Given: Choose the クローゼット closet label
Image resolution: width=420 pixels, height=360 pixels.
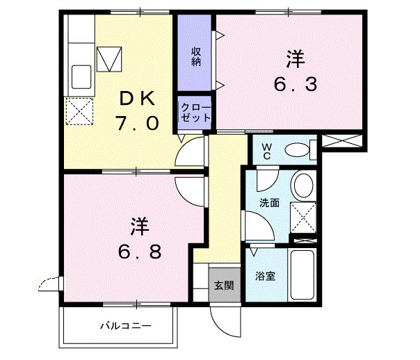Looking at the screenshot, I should [x=195, y=113].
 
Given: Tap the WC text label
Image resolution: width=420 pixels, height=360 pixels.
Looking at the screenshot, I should [x=267, y=150].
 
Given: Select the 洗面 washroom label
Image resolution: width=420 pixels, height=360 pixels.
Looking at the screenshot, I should [x=269, y=204].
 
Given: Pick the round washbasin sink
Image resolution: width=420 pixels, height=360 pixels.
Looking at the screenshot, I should [x=302, y=185].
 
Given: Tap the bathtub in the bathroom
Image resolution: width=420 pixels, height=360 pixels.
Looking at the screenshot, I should [x=304, y=276].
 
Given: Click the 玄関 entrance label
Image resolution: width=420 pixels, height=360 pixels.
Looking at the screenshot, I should [x=223, y=284].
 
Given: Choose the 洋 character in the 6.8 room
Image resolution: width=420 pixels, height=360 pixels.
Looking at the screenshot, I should [x=139, y=226].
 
